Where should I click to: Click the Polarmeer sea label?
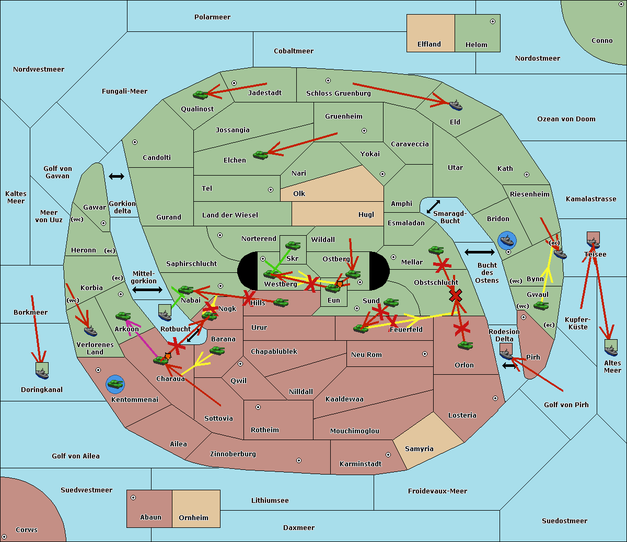click(212, 17)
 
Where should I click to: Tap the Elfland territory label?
click(429, 44)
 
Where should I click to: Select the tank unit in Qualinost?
click(201, 95)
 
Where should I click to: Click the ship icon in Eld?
click(455, 105)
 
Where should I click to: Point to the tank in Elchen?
click(260, 155)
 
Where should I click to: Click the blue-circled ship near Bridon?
click(507, 240)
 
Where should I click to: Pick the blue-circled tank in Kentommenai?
click(115, 384)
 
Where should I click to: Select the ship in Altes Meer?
click(611, 348)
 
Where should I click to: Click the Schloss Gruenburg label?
click(338, 94)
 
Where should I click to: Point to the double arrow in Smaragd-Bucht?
click(433, 207)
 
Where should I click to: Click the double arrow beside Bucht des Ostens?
click(479, 252)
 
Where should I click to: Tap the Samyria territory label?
click(419, 449)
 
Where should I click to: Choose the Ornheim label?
click(193, 518)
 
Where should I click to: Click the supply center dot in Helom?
click(492, 21)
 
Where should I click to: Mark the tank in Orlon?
click(465, 345)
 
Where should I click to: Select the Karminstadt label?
click(361, 464)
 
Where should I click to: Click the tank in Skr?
click(293, 245)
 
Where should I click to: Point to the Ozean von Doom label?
click(566, 119)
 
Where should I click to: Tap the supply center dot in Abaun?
click(133, 498)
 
